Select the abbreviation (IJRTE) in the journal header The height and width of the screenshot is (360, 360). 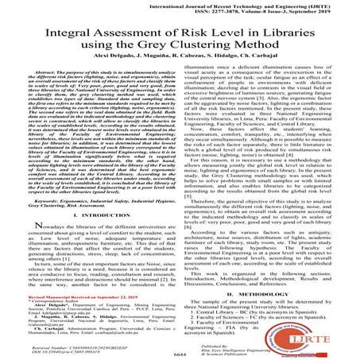(x=336, y=5)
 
